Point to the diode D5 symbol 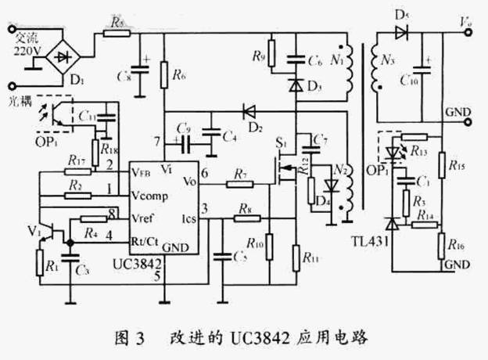[x=401, y=33]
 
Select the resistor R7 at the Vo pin [x=238, y=183]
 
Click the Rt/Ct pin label [x=148, y=232]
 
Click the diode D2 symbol [x=250, y=112]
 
